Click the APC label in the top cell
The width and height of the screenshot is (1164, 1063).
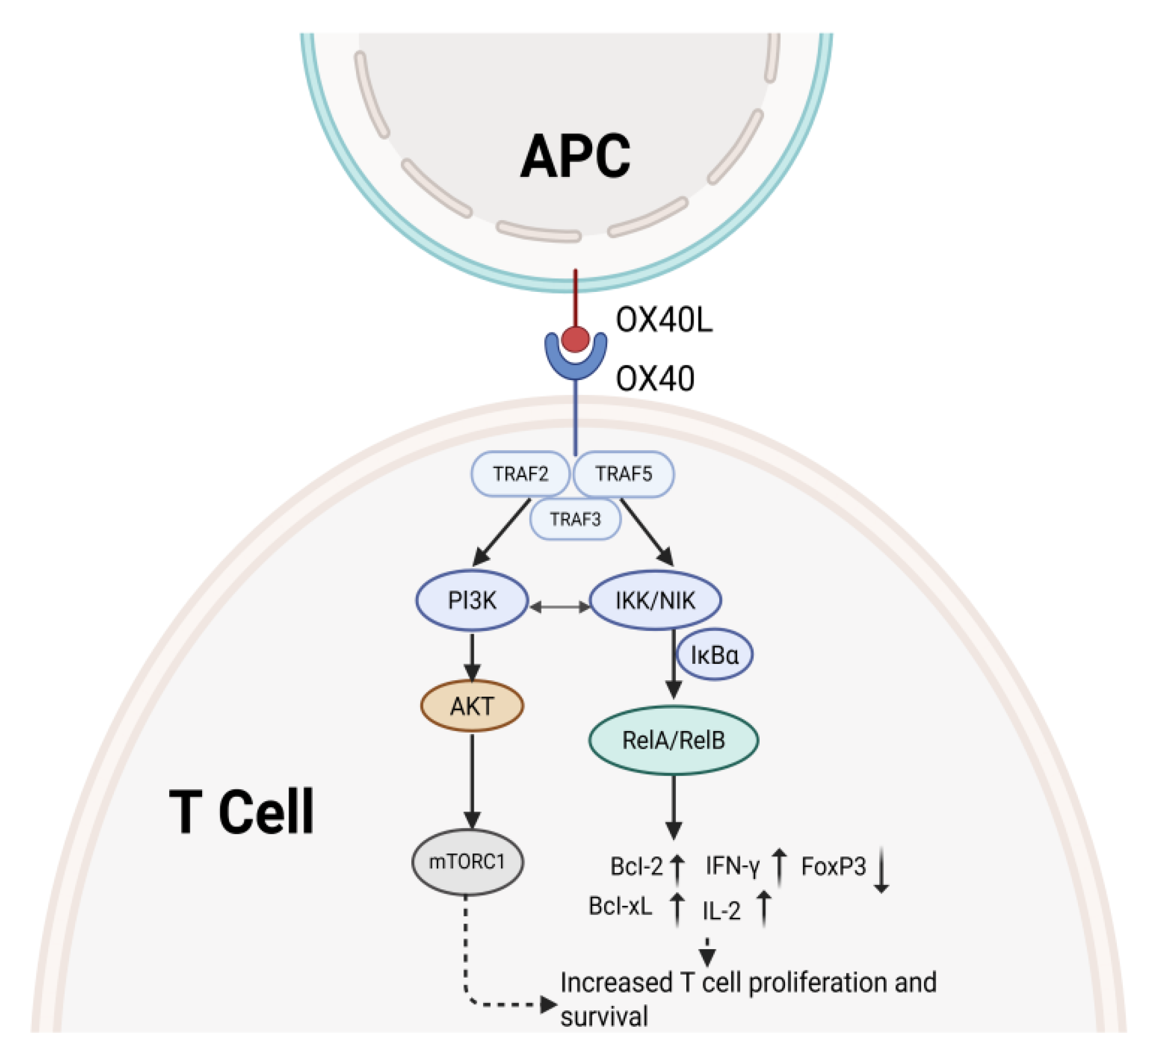[576, 157]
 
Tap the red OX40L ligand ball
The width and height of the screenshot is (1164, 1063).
[576, 340]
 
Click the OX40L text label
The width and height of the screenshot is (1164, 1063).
[664, 319]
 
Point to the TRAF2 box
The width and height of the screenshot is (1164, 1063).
[520, 474]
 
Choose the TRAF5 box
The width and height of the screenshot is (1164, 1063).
[623, 474]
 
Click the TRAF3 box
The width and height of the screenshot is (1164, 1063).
[575, 520]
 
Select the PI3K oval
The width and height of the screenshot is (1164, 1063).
[472, 600]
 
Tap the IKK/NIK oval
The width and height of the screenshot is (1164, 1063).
[655, 600]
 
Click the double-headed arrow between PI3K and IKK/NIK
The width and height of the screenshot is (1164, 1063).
[559, 607]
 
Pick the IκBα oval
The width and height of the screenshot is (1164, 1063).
[714, 655]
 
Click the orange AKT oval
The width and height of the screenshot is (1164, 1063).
[472, 706]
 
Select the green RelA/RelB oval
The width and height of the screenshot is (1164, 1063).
[673, 740]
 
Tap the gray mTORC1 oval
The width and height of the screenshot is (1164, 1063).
[467, 862]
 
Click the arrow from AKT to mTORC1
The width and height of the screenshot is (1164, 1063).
[472, 779]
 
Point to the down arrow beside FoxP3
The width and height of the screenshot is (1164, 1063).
[881, 869]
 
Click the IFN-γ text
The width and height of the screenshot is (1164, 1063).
[732, 866]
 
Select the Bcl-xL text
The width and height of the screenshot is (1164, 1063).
[620, 906]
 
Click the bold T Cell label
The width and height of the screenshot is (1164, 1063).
[242, 812]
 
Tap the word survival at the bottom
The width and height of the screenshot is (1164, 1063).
[604, 1017]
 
